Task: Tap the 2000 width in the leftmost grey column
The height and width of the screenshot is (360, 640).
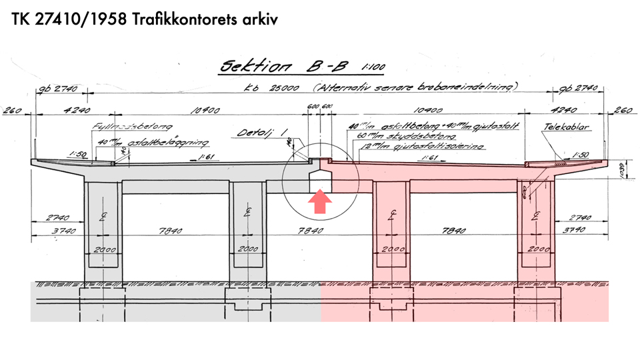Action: pyautogui.click(x=102, y=251)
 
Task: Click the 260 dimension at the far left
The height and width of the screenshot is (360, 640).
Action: pyautogui.click(x=15, y=111)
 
